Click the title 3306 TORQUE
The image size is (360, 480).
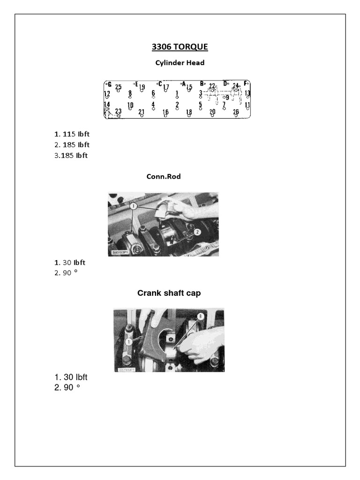(x=180, y=47)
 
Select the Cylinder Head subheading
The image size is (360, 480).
(x=180, y=62)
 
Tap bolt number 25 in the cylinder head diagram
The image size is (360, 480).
(x=119, y=87)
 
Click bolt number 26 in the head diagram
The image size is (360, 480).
(x=236, y=112)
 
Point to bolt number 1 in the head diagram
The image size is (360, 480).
(x=177, y=93)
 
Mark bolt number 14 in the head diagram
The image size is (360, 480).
(x=107, y=104)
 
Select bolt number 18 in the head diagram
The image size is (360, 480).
(x=189, y=112)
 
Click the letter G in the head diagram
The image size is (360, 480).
(x=109, y=84)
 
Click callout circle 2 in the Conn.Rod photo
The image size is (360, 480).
(x=197, y=232)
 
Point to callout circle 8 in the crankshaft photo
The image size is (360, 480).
(x=201, y=316)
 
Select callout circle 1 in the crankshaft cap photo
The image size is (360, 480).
(x=128, y=342)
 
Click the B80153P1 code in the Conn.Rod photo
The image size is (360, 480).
(x=121, y=252)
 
